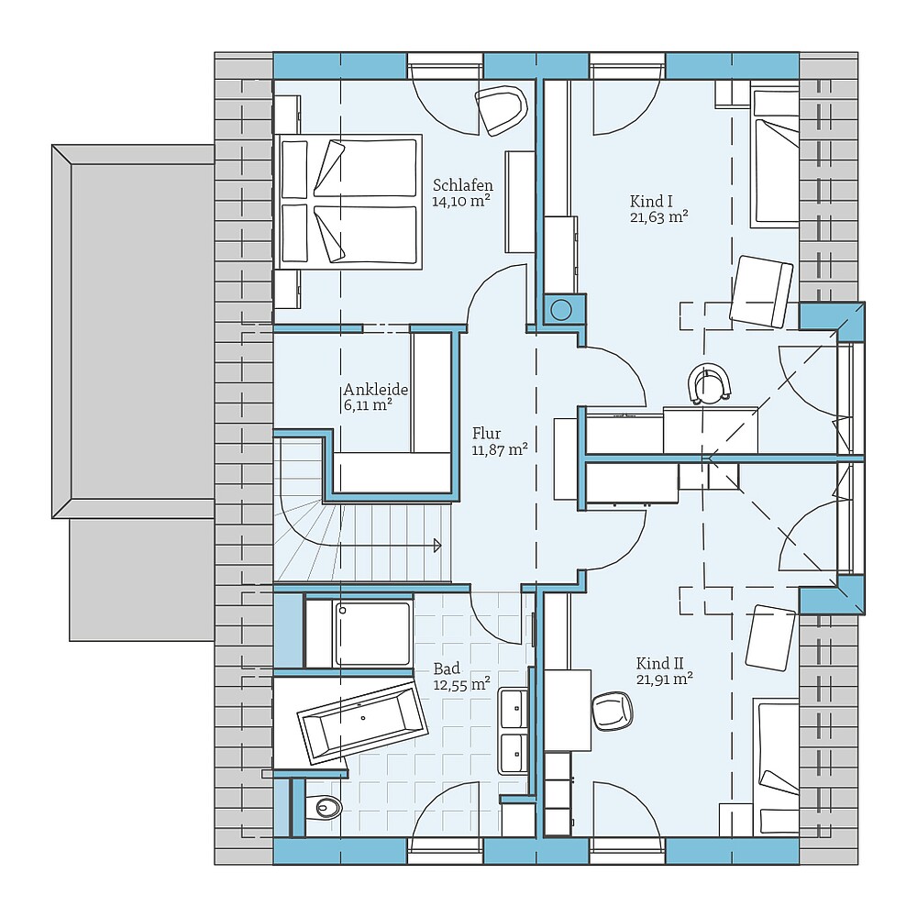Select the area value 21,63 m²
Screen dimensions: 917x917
tap(658, 217)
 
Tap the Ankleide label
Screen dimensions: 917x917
tap(376, 389)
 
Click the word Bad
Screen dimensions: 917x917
tap(447, 668)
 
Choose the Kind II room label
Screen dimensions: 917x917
tap(661, 662)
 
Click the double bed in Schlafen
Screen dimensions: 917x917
tap(348, 202)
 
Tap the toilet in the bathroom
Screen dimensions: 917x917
tap(323, 807)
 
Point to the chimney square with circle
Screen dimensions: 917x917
tap(561, 309)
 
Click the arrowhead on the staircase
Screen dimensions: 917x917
tap(436, 546)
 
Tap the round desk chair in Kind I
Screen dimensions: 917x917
tap(710, 383)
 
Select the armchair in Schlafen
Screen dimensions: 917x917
tap(502, 110)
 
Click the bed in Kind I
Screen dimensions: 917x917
tap(774, 158)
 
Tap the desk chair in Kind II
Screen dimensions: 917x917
tap(612, 710)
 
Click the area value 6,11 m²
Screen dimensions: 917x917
tap(369, 403)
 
